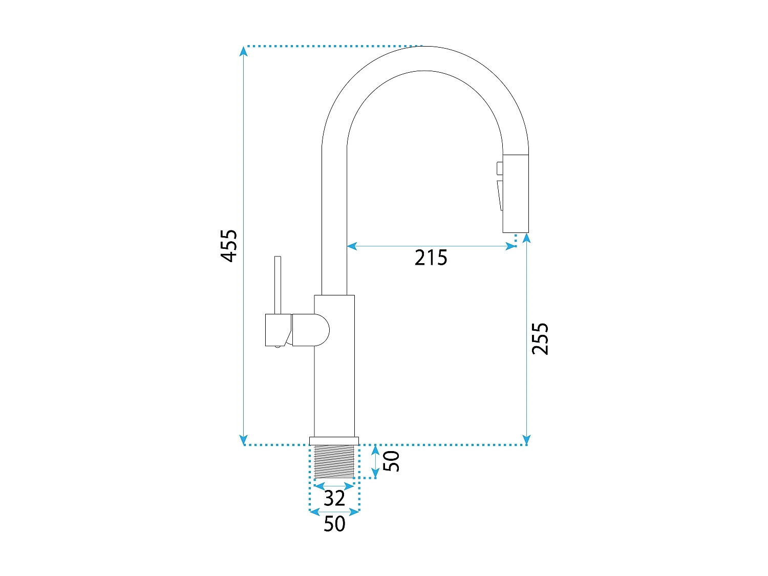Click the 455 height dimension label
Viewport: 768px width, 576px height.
coord(229,246)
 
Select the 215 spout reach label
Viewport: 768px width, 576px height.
coord(431,258)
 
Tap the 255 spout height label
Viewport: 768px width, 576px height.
coord(540,338)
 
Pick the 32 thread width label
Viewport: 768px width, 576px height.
coord(334,498)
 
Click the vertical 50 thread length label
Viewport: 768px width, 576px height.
coord(391,461)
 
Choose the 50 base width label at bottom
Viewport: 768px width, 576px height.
coord(334,524)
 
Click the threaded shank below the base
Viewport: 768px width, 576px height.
coord(334,461)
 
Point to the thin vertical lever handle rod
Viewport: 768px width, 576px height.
coord(278,285)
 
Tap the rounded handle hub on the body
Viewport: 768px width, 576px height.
coord(311,330)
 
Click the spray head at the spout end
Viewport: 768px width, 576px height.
coord(516,194)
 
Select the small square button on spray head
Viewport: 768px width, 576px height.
coord(500,168)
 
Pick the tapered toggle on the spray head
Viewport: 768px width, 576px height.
coord(500,196)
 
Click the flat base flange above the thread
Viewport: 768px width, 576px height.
coord(334,441)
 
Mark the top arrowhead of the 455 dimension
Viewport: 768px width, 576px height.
coord(244,51)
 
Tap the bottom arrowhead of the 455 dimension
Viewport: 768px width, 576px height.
coord(244,440)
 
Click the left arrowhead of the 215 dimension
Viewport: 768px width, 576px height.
coord(352,246)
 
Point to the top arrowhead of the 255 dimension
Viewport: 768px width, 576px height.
coord(526,238)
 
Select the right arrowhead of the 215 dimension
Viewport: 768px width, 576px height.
coord(511,246)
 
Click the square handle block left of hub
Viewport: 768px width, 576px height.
coord(278,330)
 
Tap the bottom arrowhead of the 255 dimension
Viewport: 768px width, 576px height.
coord(526,440)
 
